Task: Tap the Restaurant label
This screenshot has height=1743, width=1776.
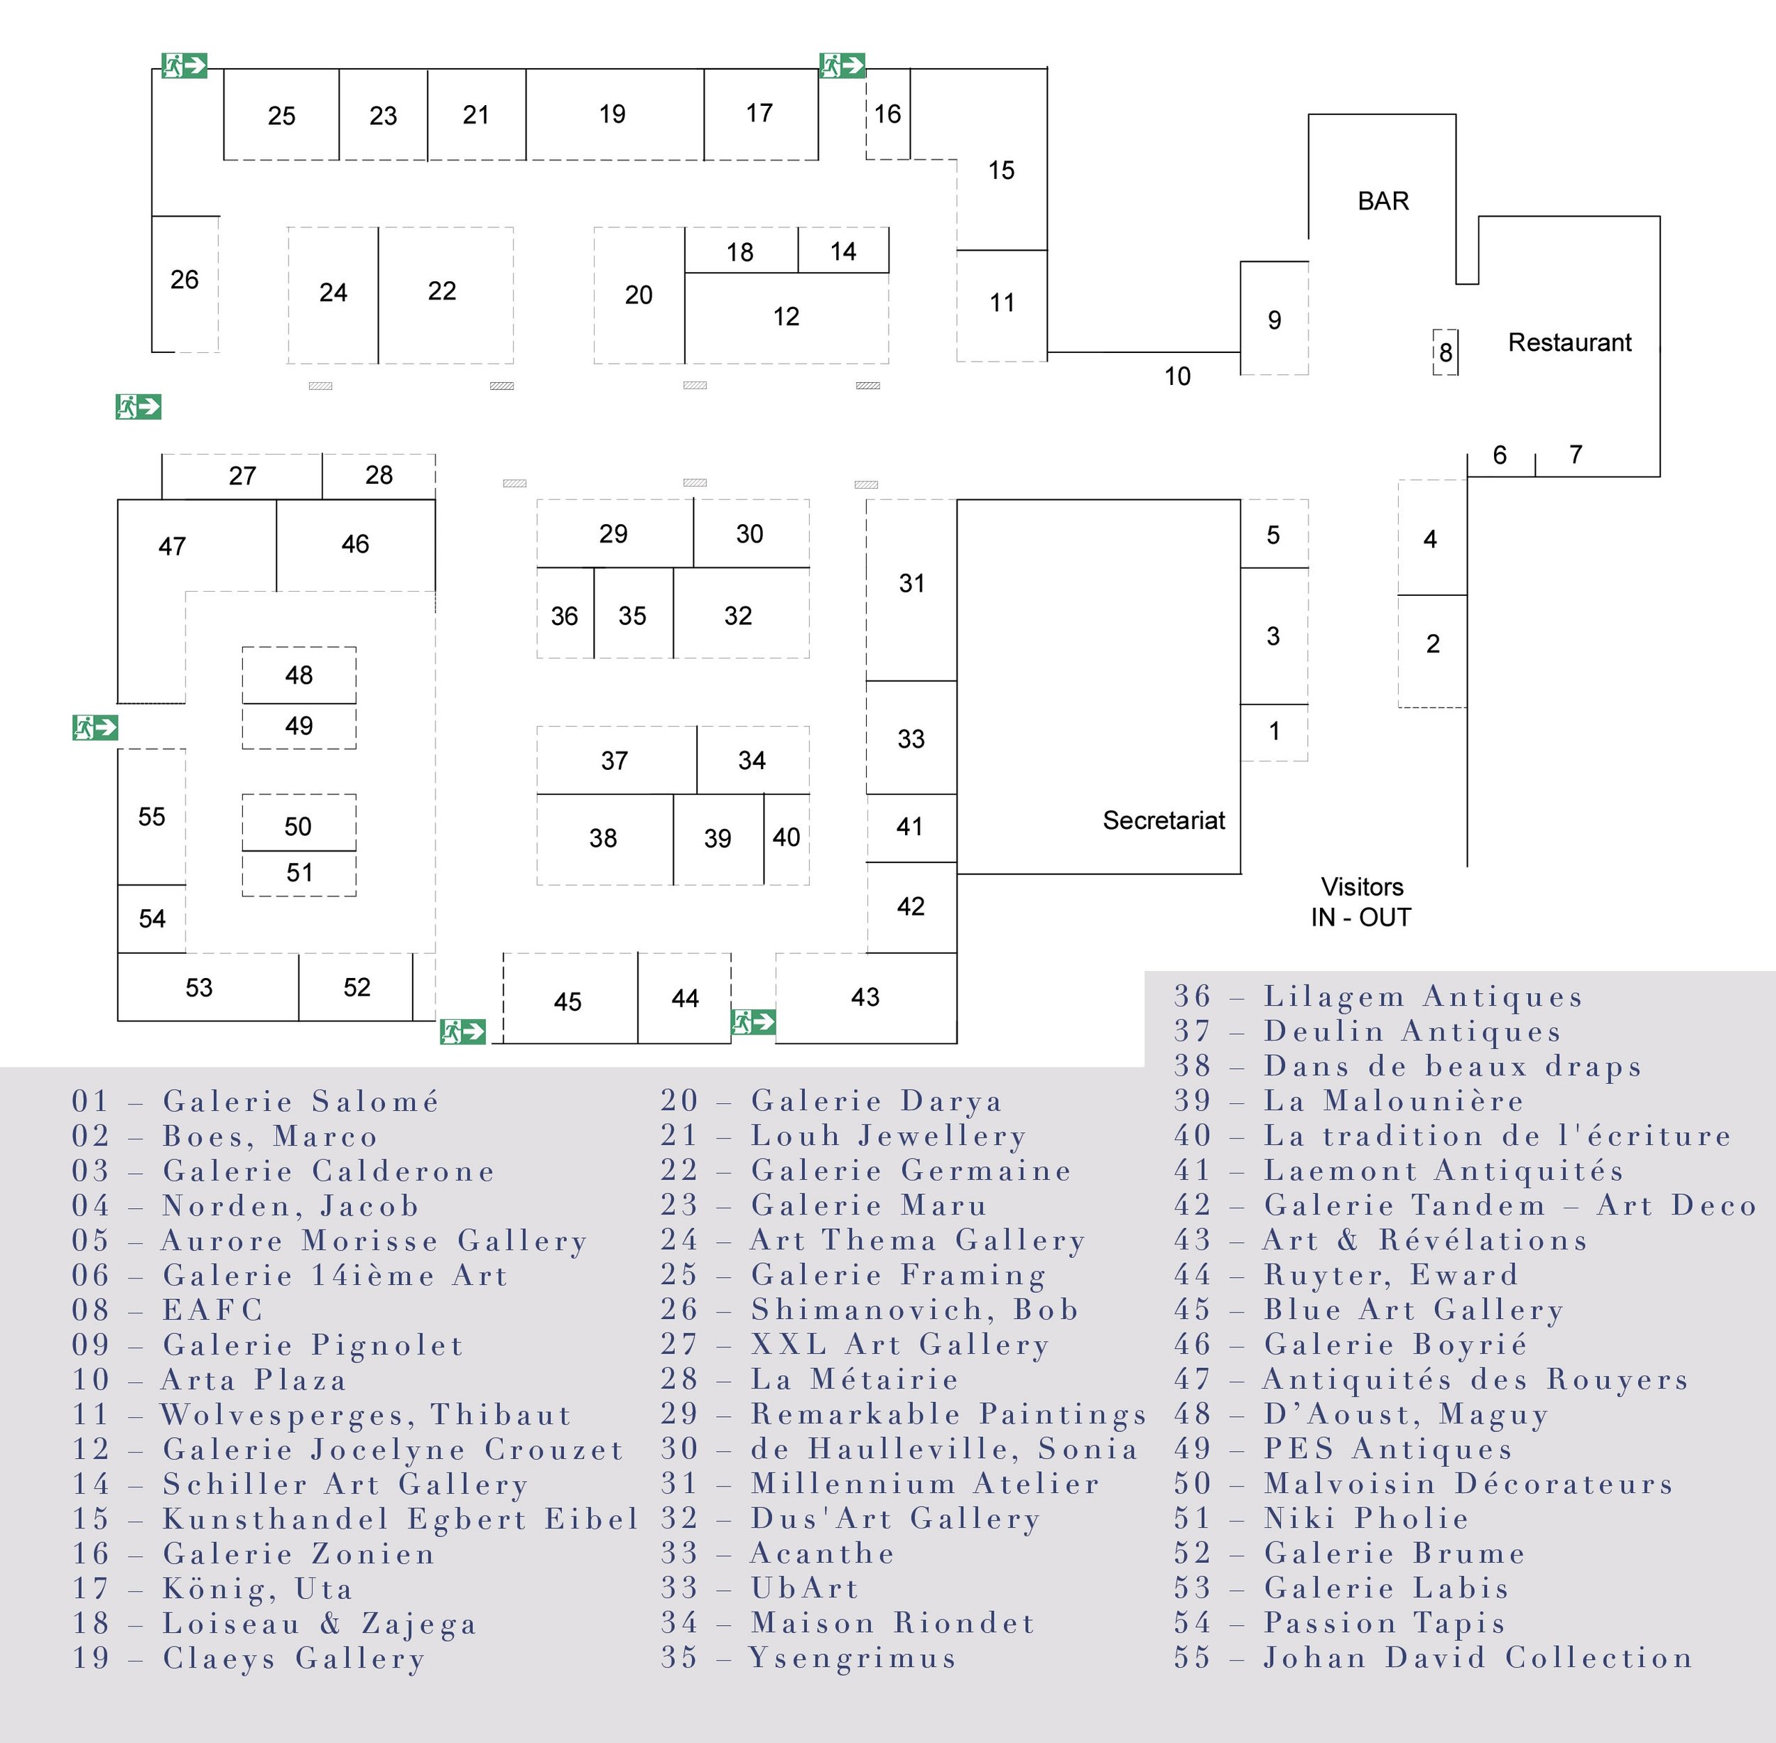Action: (1569, 342)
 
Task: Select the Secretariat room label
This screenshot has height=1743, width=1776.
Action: (1163, 820)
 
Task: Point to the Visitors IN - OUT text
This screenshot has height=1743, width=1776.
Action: (1361, 902)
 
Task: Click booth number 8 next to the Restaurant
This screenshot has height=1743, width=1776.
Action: (1446, 352)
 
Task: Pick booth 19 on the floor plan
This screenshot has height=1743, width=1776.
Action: (612, 114)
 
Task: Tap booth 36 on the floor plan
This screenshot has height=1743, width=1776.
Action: (564, 616)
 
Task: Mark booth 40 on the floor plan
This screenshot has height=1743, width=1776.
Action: (786, 837)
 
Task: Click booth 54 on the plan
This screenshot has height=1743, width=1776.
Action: (152, 919)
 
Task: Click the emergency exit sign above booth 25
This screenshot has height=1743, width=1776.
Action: (185, 66)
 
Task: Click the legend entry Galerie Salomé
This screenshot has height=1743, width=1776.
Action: (256, 1102)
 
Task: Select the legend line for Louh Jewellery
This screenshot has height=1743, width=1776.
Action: (843, 1136)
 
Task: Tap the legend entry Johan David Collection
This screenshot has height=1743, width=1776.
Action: (1433, 1658)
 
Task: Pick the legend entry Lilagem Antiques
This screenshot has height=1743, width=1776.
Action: (1377, 997)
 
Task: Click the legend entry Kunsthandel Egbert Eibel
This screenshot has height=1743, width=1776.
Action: (355, 1519)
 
